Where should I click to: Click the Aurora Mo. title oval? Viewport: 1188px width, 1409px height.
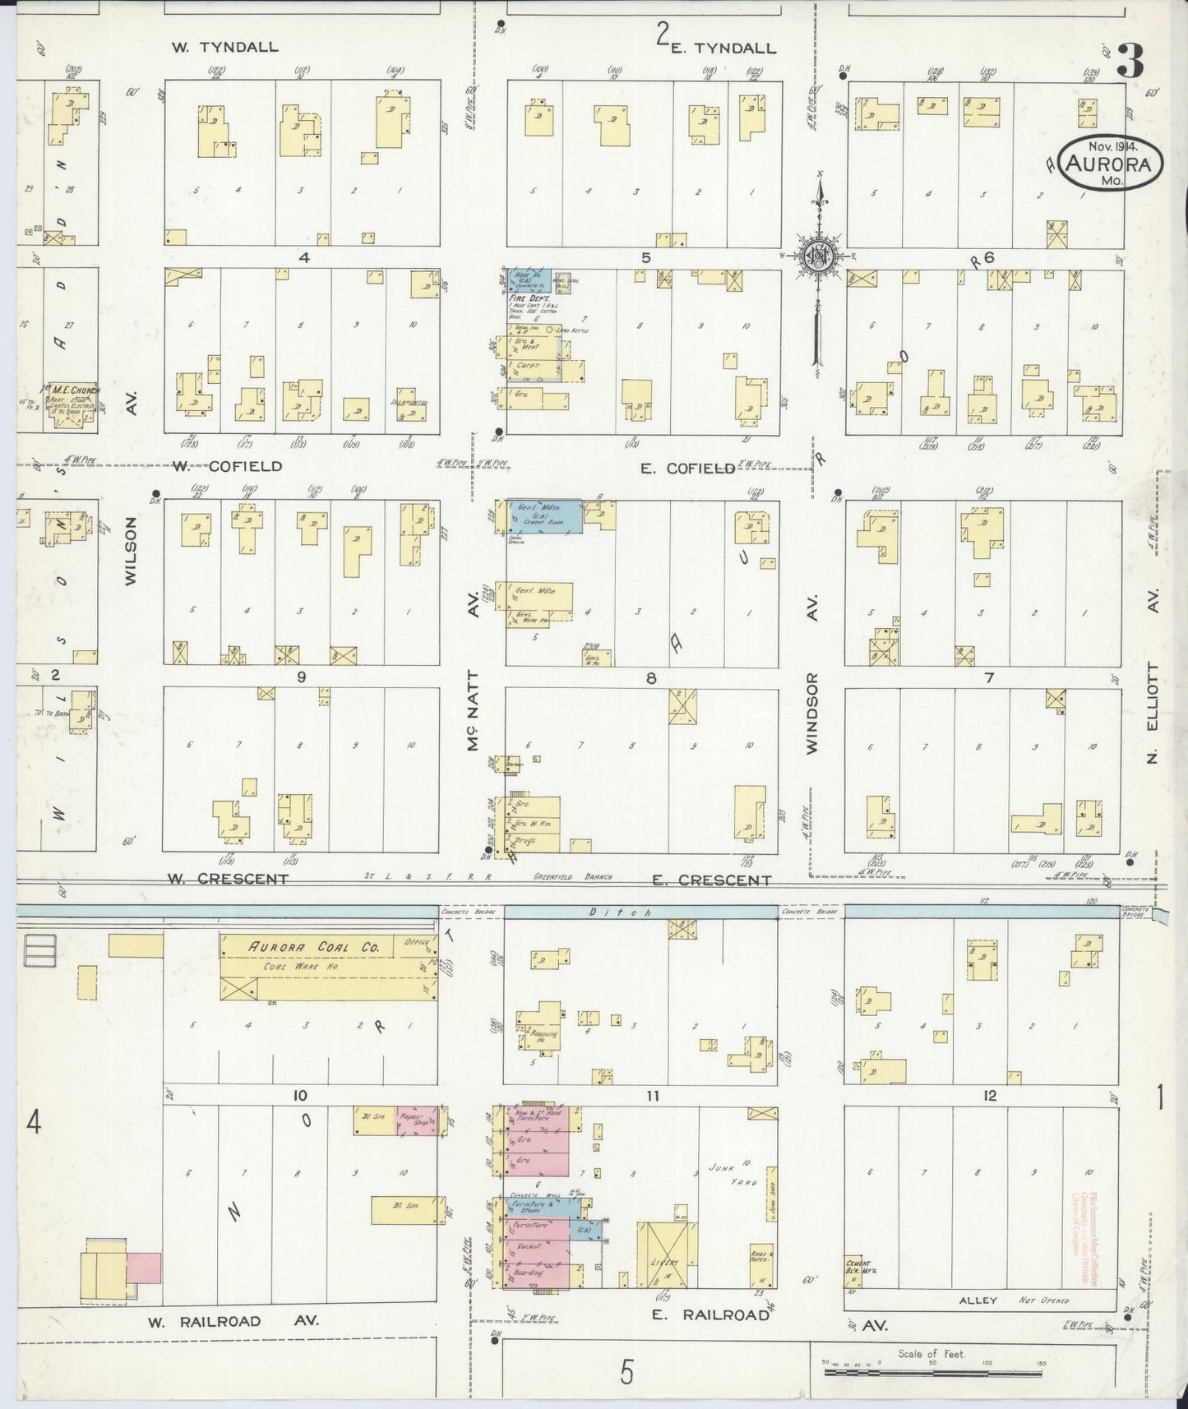pos(1111,162)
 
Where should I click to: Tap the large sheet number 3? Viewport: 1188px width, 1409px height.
pos(1131,62)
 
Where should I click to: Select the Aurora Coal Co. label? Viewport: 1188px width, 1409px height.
pos(315,947)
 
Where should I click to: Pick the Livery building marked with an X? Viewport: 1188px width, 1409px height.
pos(667,1255)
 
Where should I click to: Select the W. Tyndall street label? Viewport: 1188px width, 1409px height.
pos(224,47)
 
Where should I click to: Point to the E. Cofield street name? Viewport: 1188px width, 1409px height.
pos(687,468)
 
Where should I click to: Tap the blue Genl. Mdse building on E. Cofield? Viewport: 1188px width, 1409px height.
pos(544,515)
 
